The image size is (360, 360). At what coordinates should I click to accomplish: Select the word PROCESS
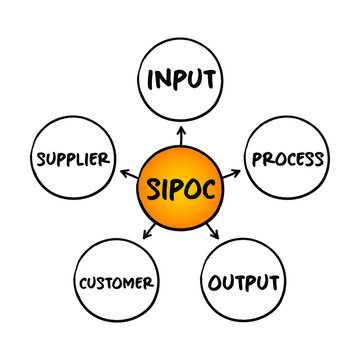point(288,158)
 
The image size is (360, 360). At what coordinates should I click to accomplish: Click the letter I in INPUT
point(152,79)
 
